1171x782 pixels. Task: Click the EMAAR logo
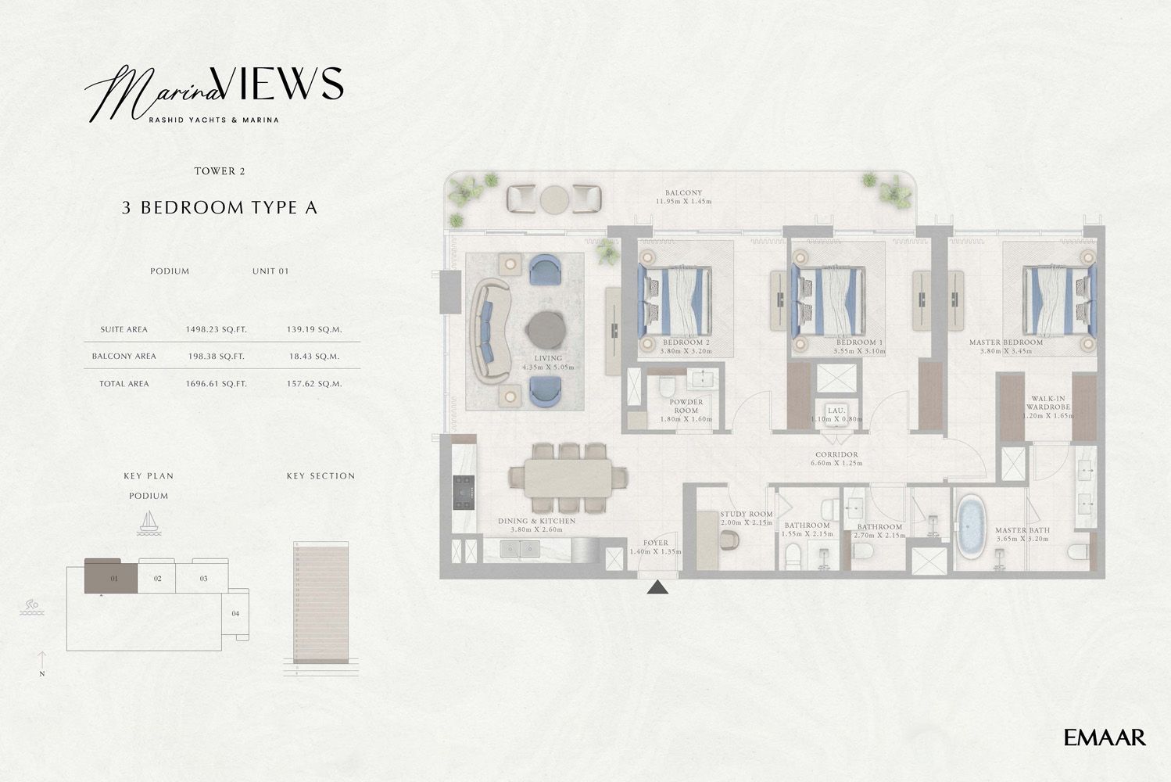pyautogui.click(x=1105, y=737)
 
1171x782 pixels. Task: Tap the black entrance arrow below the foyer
pyautogui.click(x=658, y=587)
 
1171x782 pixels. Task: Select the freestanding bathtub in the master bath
pyautogui.click(x=972, y=528)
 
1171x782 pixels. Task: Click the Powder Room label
pyautogui.click(x=686, y=406)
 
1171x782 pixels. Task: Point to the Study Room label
pyautogui.click(x=746, y=514)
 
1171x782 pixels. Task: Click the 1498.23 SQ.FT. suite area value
pyautogui.click(x=216, y=330)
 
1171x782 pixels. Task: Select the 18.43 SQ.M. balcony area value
pyautogui.click(x=313, y=357)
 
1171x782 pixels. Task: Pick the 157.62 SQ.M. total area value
pyautogui.click(x=313, y=384)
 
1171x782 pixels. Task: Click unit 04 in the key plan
pyautogui.click(x=235, y=614)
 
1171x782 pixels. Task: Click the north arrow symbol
pyautogui.click(x=42, y=662)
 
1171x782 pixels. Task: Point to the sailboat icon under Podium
pyautogui.click(x=149, y=522)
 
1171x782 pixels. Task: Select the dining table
pyautogui.click(x=568, y=477)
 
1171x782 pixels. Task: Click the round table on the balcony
pyautogui.click(x=554, y=199)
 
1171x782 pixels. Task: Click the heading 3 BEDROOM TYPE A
pyautogui.click(x=220, y=208)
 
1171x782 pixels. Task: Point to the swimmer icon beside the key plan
pyautogui.click(x=31, y=608)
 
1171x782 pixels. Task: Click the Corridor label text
pyautogui.click(x=836, y=454)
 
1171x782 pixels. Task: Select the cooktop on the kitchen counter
pyautogui.click(x=464, y=492)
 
